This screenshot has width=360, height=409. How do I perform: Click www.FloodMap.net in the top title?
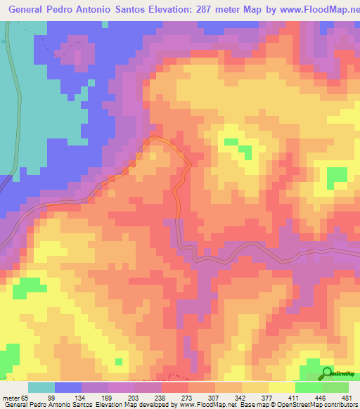(x=312, y=11)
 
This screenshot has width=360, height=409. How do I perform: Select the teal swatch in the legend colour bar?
(x=41, y=387)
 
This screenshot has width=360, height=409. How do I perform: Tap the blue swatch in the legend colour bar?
(x=68, y=387)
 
